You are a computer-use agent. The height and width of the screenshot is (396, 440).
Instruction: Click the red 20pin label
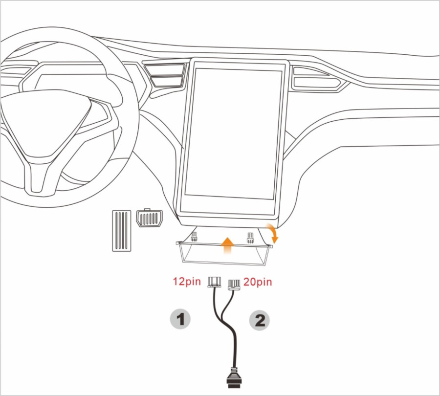[257, 282]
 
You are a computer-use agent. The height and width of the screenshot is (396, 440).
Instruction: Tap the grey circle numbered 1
[180, 320]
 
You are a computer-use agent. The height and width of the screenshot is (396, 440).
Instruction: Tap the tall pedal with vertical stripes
[122, 231]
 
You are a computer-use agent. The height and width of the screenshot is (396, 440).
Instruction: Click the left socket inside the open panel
[195, 237]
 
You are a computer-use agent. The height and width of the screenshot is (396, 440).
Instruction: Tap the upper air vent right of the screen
[311, 71]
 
